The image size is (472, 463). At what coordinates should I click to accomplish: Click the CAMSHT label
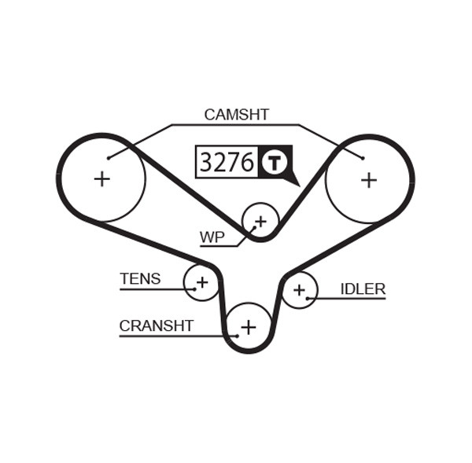point(236,115)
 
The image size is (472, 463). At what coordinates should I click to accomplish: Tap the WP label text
point(212,237)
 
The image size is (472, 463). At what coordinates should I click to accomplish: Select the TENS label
point(140,279)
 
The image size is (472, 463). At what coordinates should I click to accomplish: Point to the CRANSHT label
point(156,325)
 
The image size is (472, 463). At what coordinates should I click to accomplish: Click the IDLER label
point(363,289)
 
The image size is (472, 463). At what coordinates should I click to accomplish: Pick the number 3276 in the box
point(227,163)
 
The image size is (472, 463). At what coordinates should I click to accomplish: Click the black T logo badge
point(275,163)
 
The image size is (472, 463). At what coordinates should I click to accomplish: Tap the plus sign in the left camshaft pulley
point(101,179)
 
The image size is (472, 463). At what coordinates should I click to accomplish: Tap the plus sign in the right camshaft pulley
point(369,179)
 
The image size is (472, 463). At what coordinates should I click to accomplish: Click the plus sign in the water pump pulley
point(260,221)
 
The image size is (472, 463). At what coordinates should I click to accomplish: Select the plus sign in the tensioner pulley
point(202,281)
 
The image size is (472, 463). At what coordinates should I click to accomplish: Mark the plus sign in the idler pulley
point(299,290)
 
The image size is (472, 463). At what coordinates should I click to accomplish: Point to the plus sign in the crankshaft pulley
point(249,326)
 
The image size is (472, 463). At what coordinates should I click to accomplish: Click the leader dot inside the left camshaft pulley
point(109,158)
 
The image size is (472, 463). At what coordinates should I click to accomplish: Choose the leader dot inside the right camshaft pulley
point(363,158)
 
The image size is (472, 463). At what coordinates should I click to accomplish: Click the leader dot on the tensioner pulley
point(194,289)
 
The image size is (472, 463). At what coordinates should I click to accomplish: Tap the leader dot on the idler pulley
point(308,298)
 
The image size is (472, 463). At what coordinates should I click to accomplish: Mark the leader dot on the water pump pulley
point(253,228)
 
